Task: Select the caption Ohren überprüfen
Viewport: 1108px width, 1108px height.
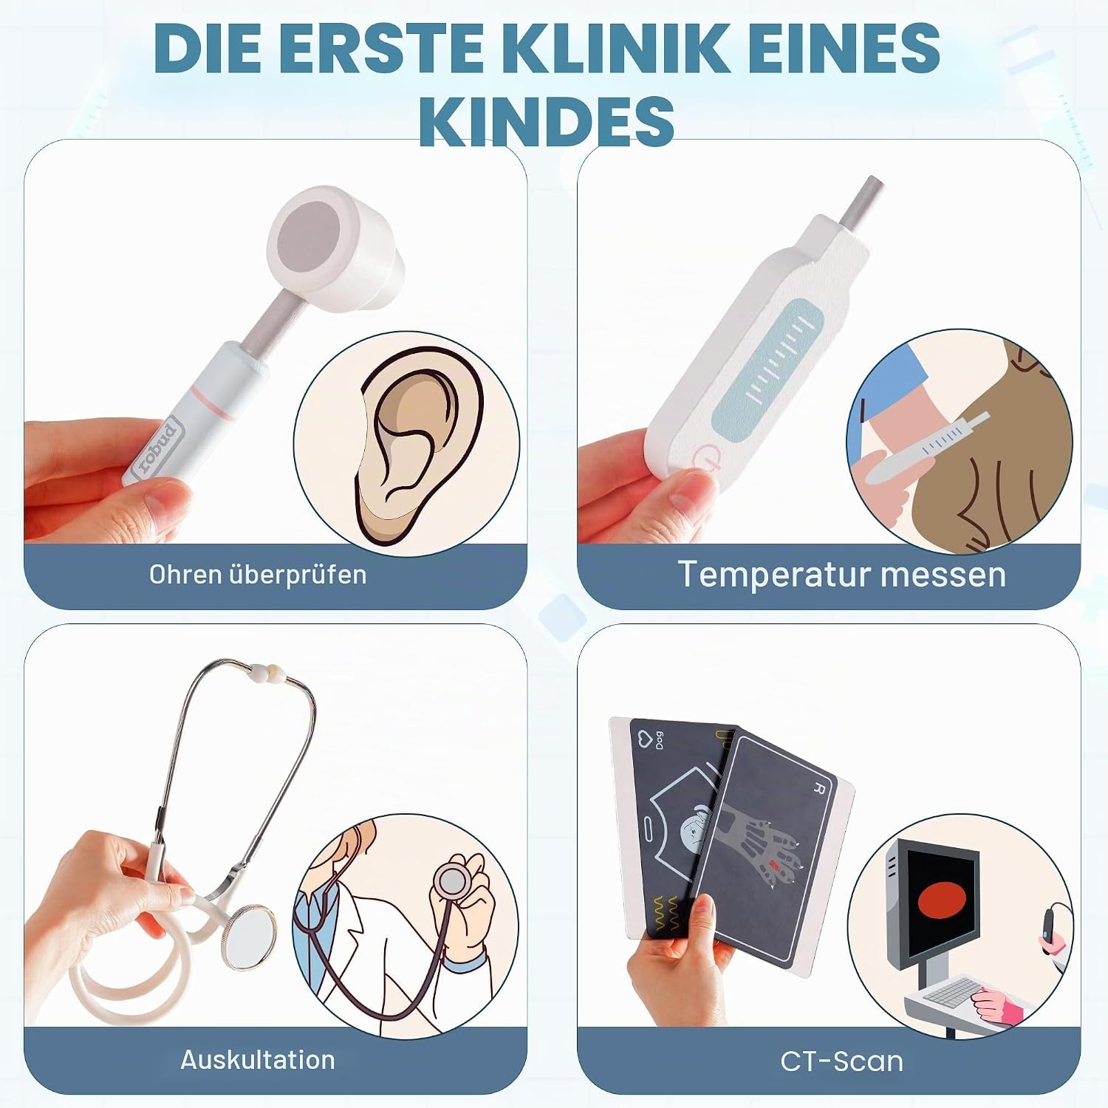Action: [x=258, y=575]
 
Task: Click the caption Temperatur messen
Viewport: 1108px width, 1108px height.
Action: [x=842, y=574]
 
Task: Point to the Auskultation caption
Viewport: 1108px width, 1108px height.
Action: [x=258, y=1060]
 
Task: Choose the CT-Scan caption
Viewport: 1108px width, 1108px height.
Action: [x=842, y=1061]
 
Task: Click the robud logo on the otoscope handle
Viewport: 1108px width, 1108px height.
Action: [x=155, y=449]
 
